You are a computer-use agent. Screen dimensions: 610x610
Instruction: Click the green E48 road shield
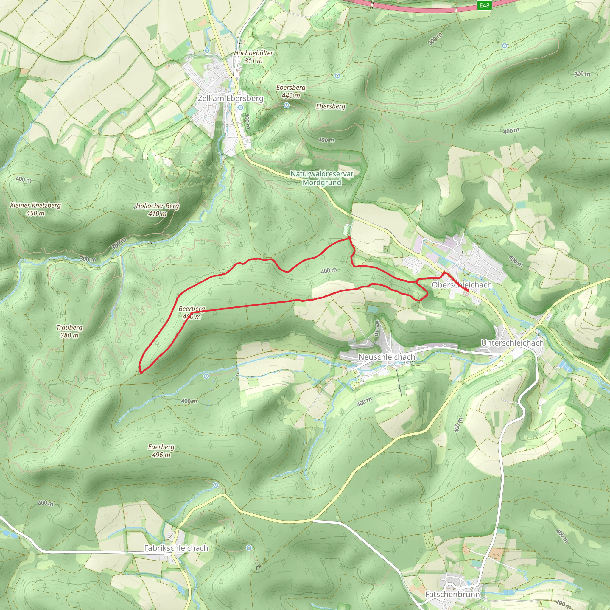[x=484, y=5]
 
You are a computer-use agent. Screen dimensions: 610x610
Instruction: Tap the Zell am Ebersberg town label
[x=231, y=98]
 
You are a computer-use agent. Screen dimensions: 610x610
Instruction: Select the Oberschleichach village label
[x=462, y=285]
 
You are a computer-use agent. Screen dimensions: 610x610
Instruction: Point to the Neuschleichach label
[x=386, y=357]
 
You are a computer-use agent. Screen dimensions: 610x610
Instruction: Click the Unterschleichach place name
[x=512, y=343]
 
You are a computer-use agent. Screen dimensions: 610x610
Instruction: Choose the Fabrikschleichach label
[x=176, y=548]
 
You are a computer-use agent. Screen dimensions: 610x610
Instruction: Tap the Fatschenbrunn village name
[x=452, y=594]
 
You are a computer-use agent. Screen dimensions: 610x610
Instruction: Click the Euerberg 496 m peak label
[x=161, y=451]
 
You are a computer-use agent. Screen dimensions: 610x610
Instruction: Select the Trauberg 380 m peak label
[x=69, y=331]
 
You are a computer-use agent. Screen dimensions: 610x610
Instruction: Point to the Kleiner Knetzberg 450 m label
[x=35, y=209]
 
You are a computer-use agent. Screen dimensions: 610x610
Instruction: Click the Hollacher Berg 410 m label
[x=158, y=210]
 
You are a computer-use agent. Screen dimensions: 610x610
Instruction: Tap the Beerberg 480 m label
[x=192, y=312]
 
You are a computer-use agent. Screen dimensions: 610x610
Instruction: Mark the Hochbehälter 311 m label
[x=253, y=57]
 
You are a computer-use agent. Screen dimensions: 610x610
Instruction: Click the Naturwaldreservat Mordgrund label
[x=322, y=178]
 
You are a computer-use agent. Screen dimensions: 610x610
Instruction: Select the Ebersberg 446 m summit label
[x=291, y=91]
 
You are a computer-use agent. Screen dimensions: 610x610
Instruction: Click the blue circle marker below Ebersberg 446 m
[x=286, y=105]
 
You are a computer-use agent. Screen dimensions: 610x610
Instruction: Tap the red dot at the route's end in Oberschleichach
[x=467, y=290]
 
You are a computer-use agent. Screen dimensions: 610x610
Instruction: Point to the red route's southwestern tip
[x=141, y=373]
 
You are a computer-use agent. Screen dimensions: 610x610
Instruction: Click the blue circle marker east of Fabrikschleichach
[x=249, y=547]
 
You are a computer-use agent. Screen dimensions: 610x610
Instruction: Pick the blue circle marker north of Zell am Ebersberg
[x=207, y=51]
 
